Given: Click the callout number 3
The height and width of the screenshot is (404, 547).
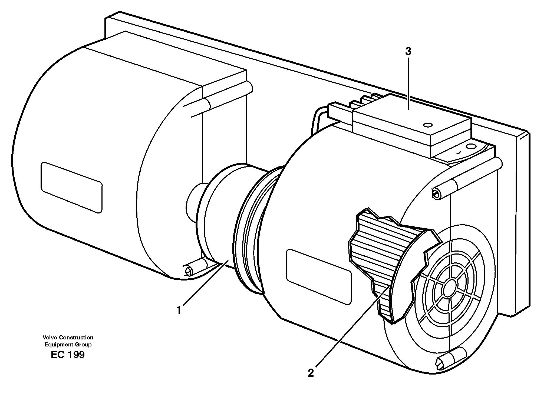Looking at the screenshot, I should [x=408, y=52].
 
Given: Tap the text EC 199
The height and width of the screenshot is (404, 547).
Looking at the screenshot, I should [x=68, y=355].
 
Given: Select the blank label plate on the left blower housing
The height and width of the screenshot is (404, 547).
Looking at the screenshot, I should [x=71, y=187].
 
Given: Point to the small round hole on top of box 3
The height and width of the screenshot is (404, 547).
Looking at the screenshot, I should [x=427, y=125].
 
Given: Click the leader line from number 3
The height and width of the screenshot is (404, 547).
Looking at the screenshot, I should [x=408, y=84].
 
